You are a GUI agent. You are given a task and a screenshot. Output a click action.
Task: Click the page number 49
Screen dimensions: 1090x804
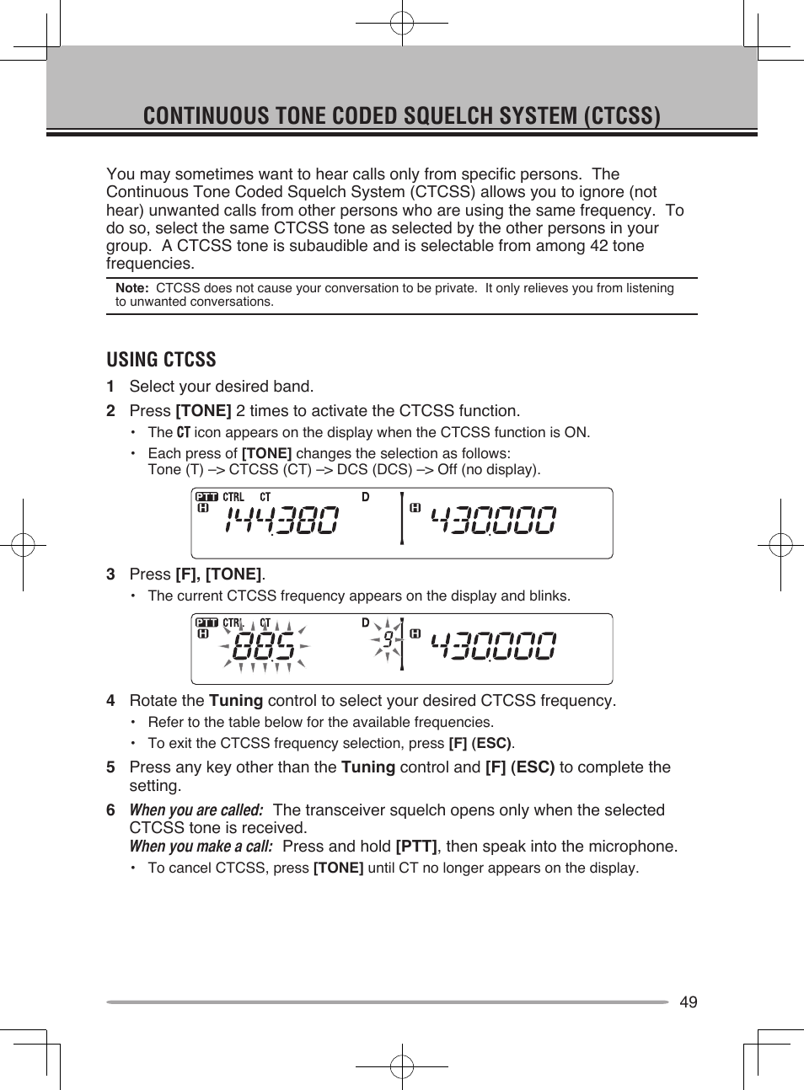tap(688, 1002)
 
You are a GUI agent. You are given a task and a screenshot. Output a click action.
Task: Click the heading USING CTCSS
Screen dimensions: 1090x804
tap(161, 360)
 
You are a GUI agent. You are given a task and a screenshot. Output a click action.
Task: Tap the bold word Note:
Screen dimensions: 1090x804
tap(131, 288)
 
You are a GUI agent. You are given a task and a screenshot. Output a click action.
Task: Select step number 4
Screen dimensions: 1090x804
tap(110, 701)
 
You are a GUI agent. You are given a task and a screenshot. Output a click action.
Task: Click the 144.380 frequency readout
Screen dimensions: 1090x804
tap(281, 520)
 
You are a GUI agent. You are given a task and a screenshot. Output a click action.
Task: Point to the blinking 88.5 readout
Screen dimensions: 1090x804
tap(264, 647)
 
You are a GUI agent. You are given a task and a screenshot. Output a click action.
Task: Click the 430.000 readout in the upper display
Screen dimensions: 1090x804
tap(493, 520)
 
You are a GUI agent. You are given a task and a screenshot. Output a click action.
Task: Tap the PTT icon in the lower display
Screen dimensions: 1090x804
tap(206, 622)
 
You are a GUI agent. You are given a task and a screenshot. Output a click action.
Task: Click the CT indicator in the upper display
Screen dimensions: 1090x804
tap(265, 497)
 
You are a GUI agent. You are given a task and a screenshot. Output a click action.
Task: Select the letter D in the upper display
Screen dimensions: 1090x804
tap(366, 497)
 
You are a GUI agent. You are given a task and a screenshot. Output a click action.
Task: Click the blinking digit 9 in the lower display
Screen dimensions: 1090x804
tap(388, 639)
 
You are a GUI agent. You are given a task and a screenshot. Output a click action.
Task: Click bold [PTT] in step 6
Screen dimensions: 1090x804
tap(416, 847)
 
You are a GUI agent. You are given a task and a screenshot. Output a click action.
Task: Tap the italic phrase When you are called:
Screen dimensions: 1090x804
tap(196, 810)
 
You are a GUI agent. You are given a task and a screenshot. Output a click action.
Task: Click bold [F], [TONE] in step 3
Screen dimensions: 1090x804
tap(218, 574)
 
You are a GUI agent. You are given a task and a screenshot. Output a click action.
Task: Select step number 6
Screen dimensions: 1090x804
tap(110, 810)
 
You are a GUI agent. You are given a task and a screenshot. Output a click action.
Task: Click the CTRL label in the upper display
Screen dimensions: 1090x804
tap(233, 497)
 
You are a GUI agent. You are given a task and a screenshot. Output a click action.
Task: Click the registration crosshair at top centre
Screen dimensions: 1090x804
tap(402, 24)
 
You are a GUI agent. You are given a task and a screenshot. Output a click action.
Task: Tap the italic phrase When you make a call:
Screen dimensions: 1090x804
tap(201, 847)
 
